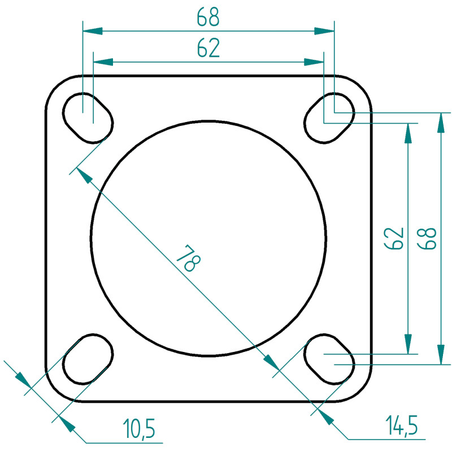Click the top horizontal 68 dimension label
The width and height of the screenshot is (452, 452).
coord(208,17)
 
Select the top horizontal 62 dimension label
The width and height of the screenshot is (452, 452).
coord(208,47)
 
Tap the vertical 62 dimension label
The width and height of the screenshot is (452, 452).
coord(394,238)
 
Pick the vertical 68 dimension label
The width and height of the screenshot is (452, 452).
coord(427,238)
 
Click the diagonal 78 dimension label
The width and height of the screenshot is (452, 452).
coord(189,258)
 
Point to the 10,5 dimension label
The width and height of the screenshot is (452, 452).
coord(139,428)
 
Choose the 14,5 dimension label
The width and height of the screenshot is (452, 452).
coord(402,425)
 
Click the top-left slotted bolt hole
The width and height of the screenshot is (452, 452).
coord(88,118)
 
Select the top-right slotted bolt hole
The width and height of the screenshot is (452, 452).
coord(329,118)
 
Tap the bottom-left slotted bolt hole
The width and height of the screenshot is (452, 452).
coord(88,359)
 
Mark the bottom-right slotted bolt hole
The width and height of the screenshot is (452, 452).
coord(329,359)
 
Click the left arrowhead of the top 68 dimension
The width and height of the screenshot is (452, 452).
coord(93,31)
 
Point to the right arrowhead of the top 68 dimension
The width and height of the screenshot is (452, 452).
coord(324,31)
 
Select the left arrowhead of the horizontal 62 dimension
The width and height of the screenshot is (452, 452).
coord(103,62)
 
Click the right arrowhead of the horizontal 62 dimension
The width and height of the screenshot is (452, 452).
coord(314,62)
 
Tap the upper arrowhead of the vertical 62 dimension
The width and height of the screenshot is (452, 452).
coord(407,133)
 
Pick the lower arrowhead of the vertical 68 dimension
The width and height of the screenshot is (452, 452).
coord(441,355)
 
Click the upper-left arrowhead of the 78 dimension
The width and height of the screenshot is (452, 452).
coord(84,176)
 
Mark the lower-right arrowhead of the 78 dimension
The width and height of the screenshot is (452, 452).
coord(271,362)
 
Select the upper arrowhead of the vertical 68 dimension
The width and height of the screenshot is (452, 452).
coord(441,123)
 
